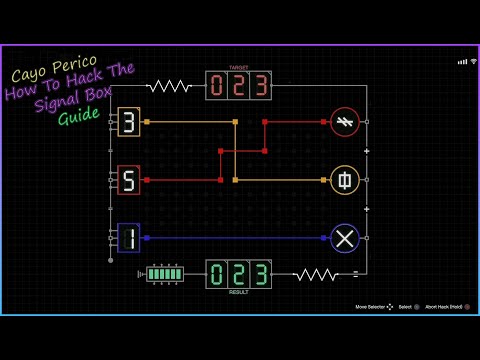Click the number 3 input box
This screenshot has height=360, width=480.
point(129,122)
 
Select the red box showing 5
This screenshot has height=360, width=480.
point(129,180)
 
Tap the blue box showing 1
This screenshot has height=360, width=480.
point(129,238)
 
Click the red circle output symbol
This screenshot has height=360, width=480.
point(345,122)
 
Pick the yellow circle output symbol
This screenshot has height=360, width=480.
point(345,180)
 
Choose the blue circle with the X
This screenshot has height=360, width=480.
point(345,238)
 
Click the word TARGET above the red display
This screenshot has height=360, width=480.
point(238,68)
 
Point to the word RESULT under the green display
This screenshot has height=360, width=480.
point(238,292)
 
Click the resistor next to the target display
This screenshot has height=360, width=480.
point(170,86)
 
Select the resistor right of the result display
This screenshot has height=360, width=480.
point(315,274)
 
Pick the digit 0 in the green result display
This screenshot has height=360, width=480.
point(218,274)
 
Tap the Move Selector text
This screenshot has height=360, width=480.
point(371,306)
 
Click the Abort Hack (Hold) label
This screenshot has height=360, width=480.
point(444,306)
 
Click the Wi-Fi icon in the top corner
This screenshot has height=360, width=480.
point(462,62)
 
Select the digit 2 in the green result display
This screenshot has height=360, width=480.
point(239,274)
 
